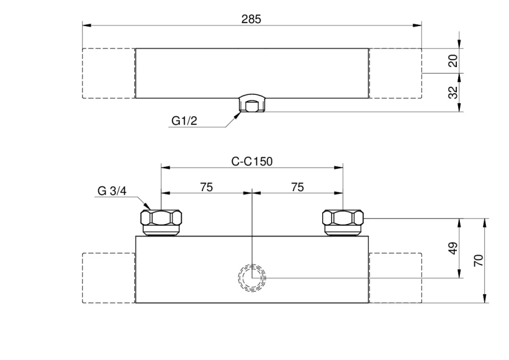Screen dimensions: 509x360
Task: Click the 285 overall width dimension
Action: pyautogui.click(x=251, y=20)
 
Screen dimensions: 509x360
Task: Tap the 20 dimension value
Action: pyautogui.click(x=453, y=61)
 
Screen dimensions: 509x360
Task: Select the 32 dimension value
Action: pyautogui.click(x=453, y=92)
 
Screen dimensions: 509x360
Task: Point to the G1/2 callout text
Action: pyautogui.click(x=184, y=121)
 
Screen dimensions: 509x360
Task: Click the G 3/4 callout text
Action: pyautogui.click(x=112, y=191)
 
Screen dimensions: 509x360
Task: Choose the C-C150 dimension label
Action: pyautogui.click(x=252, y=161)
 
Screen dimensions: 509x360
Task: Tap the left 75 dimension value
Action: pyautogui.click(x=206, y=187)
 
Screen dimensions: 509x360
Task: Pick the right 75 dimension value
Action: pyautogui.click(x=297, y=187)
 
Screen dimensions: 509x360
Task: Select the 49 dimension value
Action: pyautogui.click(x=453, y=248)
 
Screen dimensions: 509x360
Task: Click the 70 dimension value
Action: pyautogui.click(x=478, y=260)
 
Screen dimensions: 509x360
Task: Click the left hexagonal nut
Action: pyautogui.click(x=161, y=218)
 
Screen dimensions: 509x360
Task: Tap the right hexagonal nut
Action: pyautogui.click(x=343, y=218)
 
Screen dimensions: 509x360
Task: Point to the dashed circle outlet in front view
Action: pyautogui.click(x=252, y=278)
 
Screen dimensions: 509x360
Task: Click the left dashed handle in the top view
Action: pyautogui.click(x=108, y=73)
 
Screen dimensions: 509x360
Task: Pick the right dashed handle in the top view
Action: pyautogui.click(x=396, y=73)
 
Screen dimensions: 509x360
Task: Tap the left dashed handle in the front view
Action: pyautogui.click(x=108, y=278)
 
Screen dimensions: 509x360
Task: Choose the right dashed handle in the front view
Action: pyautogui.click(x=396, y=278)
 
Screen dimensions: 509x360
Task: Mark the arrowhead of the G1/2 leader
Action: pyautogui.click(x=240, y=112)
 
